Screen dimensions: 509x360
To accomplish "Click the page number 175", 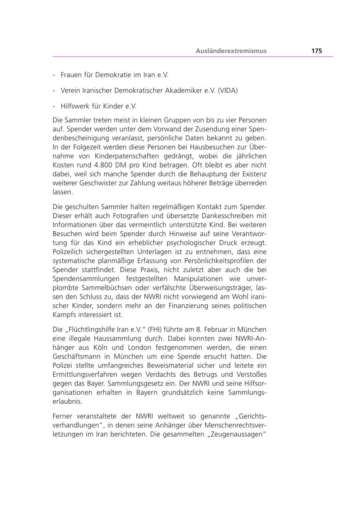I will pos(316,51).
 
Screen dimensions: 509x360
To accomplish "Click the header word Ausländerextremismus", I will pos(231,51).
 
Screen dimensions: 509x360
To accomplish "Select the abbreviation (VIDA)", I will pos(228,90).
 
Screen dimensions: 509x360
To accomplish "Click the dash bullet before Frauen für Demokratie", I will pos(54,75).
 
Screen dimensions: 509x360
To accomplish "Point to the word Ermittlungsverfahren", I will pos(88,375).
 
